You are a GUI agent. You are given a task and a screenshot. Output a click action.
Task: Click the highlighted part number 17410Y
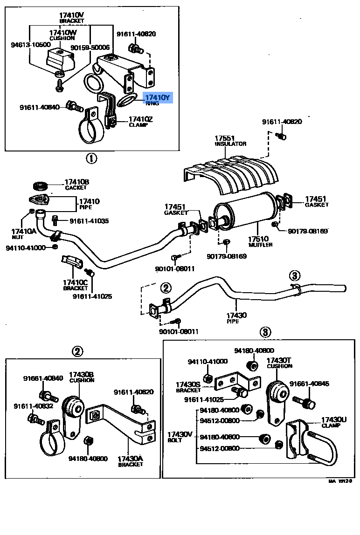pos(158,97)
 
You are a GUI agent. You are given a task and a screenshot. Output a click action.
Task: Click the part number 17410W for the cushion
pos(62,32)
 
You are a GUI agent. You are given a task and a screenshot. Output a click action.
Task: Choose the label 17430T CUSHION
pos(279,363)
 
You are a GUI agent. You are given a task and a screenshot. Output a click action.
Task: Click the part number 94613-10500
pos(30,45)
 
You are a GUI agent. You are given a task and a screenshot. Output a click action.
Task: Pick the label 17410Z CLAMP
pos(140,122)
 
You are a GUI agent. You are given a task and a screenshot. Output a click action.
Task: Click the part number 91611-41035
pos(89,220)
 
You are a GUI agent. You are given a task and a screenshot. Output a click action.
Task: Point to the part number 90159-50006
pos(90,48)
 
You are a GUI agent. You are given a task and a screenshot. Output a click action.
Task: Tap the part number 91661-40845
pos(309,384)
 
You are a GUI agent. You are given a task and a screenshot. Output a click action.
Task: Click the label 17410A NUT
pos(23,233)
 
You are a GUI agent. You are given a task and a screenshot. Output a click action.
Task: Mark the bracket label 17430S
pos(188,387)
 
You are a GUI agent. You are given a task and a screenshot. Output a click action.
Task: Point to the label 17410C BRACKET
pos(76,285)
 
